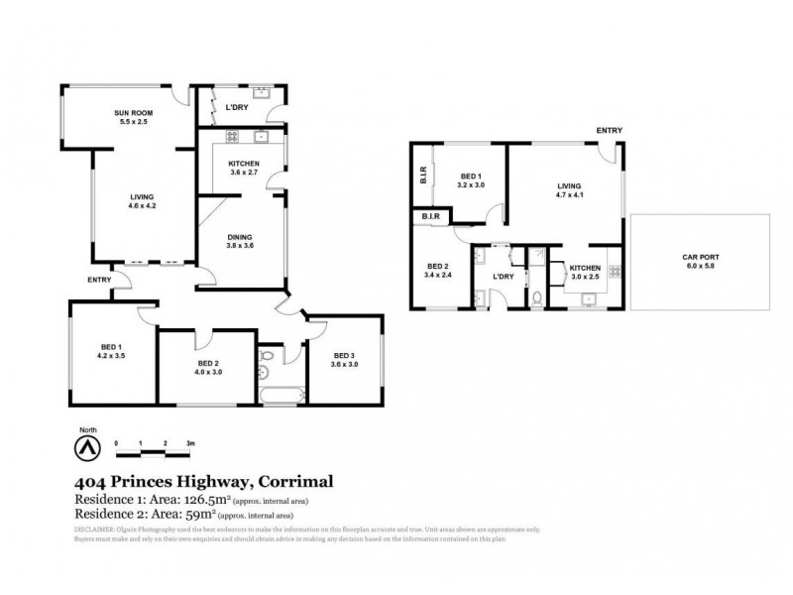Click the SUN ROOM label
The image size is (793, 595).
131,114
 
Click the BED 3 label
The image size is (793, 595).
344,355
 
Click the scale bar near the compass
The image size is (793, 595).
153,452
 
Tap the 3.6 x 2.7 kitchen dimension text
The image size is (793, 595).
243,173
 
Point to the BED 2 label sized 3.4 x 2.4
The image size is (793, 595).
438,266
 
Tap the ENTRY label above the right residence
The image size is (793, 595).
609,131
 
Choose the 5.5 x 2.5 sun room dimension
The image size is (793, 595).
131,123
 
